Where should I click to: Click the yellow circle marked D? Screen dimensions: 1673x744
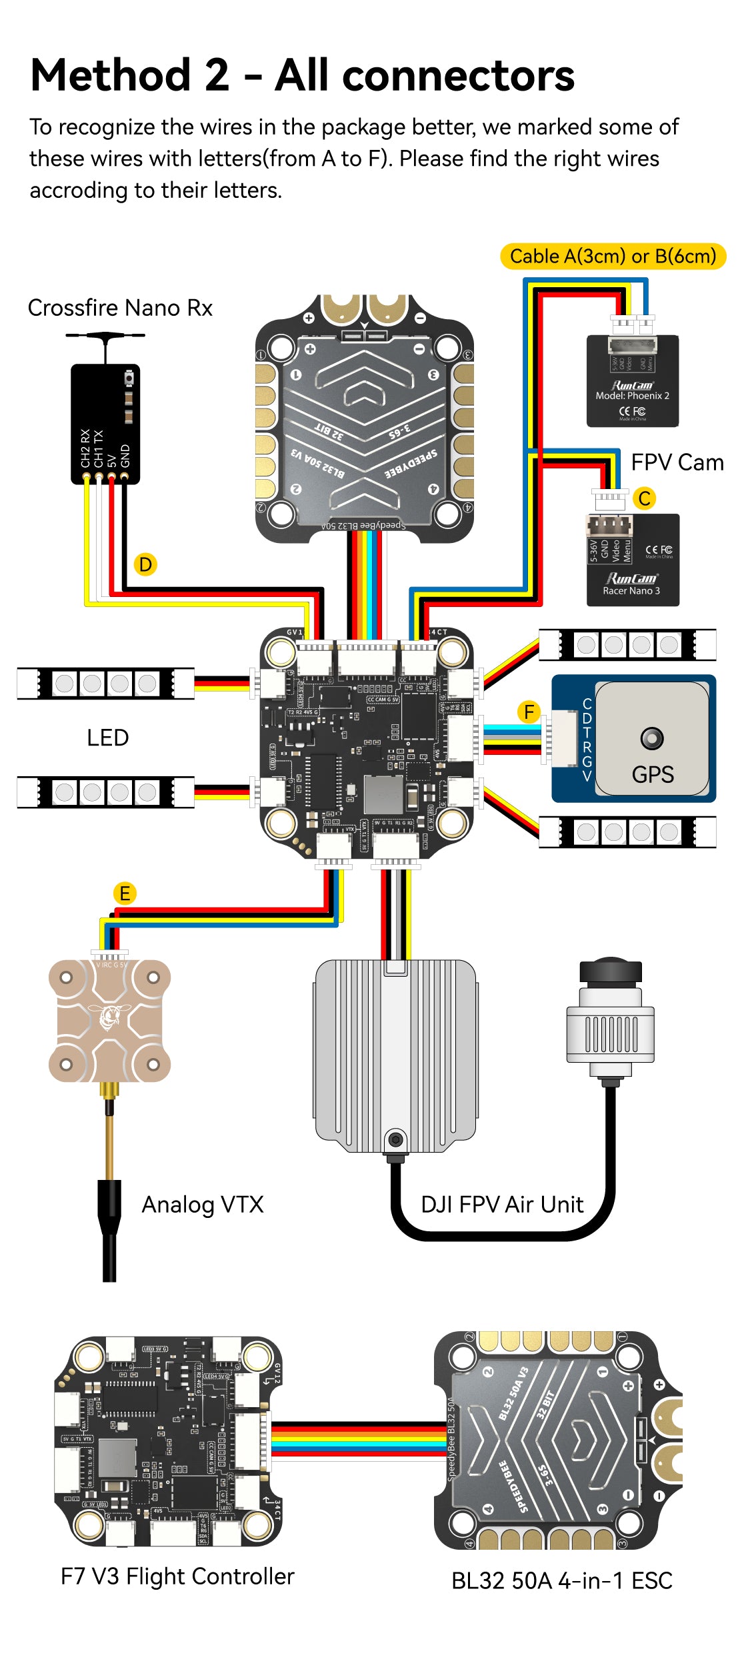145,564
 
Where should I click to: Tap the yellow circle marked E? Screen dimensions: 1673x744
125,893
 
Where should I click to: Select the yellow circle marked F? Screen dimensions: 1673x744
529,712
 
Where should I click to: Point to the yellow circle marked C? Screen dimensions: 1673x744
644,498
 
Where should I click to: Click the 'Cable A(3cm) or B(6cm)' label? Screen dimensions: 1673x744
613,257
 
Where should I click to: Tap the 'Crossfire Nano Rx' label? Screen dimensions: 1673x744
120,308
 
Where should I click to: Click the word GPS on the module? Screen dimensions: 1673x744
652,774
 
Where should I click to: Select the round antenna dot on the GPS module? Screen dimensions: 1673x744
652,738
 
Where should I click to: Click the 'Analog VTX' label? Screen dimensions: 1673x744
203,1205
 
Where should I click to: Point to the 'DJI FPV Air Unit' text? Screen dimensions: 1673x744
502,1205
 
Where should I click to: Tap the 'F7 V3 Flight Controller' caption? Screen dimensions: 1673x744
177,1576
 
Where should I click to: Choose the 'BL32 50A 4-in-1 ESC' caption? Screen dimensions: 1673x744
561,1580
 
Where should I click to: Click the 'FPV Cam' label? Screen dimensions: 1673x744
677,462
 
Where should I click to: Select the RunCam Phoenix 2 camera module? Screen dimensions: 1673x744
632,381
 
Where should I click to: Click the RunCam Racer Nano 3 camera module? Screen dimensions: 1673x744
632,560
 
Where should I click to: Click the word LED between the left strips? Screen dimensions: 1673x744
107,738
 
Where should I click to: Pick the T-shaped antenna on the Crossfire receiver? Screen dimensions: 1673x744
105,341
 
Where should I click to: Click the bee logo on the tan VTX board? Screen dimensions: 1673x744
109,1017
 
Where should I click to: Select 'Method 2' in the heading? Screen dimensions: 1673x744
130,75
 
